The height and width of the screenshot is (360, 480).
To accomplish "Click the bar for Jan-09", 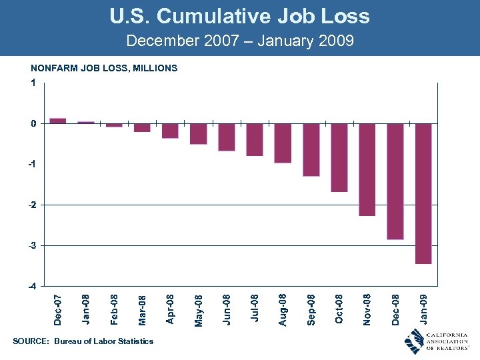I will click(x=423, y=193).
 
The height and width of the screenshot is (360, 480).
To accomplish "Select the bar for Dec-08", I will click(x=395, y=181).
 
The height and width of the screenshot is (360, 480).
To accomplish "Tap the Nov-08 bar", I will click(x=367, y=169).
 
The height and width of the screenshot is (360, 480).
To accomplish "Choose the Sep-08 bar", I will click(x=311, y=149).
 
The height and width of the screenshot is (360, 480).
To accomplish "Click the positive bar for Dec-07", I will click(x=58, y=121).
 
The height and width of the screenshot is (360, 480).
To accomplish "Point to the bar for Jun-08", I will click(x=227, y=137).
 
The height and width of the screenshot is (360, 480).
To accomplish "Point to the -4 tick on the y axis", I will click(x=32, y=286).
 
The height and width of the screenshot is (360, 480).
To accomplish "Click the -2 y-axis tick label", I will click(x=32, y=205).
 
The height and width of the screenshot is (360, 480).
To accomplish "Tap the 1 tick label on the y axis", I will click(x=33, y=83).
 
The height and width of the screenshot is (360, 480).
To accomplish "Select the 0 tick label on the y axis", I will click(x=33, y=123).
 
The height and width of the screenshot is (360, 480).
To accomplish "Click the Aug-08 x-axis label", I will click(x=283, y=309).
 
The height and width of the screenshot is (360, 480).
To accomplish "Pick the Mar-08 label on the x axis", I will click(x=142, y=310).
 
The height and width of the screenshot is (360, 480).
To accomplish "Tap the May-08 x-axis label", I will click(x=199, y=310).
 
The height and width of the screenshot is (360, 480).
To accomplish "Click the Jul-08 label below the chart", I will click(x=255, y=309).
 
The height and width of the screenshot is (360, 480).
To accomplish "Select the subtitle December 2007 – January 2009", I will click(x=239, y=41).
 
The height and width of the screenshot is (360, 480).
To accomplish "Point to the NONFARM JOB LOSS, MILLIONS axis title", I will click(x=104, y=68).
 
